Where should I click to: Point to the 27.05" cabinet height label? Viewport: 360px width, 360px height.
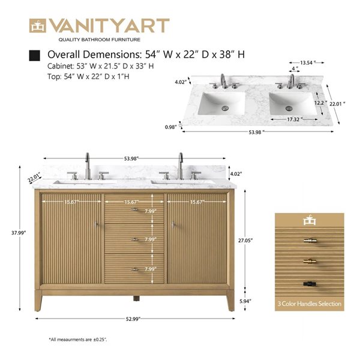click(245, 240)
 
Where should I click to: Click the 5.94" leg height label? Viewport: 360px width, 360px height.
click(245, 301)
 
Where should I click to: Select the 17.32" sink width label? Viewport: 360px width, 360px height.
click(293, 119)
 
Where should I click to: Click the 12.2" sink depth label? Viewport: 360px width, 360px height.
click(319, 103)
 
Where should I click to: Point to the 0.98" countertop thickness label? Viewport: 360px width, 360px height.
click(172, 127)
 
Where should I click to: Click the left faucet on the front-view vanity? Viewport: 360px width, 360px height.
click(88, 166)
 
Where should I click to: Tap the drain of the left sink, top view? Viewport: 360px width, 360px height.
click(226, 108)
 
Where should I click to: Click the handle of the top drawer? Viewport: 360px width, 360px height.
click(135, 211)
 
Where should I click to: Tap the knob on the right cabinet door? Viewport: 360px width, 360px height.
click(173, 224)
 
